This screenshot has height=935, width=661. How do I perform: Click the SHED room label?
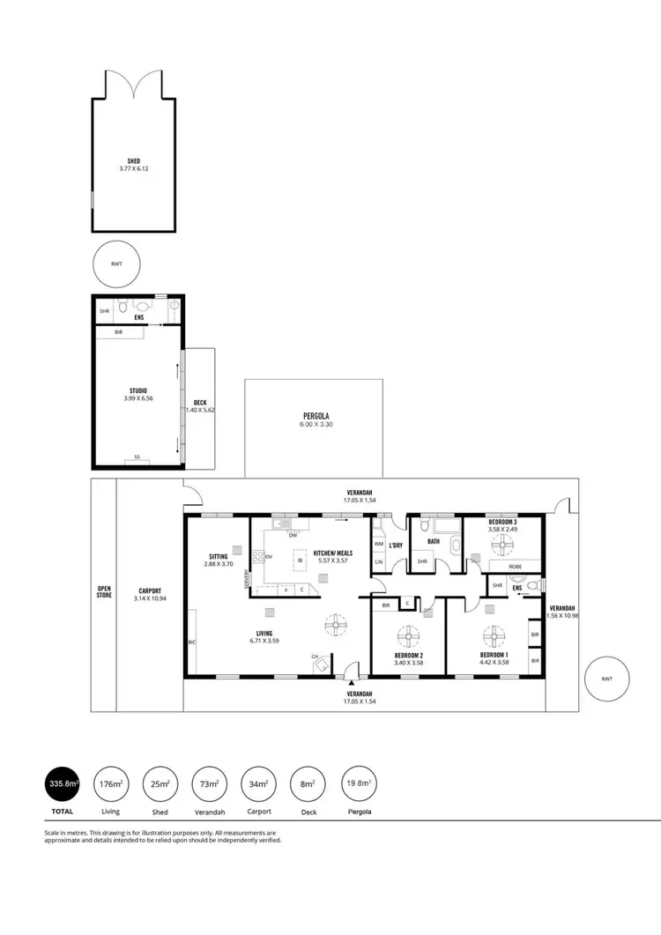pyautogui.click(x=134, y=161)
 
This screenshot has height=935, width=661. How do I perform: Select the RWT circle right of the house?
pyautogui.click(x=607, y=679)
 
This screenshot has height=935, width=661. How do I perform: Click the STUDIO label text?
pyautogui.click(x=137, y=390)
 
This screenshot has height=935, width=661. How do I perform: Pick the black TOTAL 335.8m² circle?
pyautogui.click(x=63, y=783)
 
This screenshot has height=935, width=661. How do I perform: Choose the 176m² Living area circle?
pyautogui.click(x=111, y=783)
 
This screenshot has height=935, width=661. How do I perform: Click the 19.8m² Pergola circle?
pyautogui.click(x=359, y=783)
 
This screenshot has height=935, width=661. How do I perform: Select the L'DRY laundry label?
pyautogui.click(x=397, y=545)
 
